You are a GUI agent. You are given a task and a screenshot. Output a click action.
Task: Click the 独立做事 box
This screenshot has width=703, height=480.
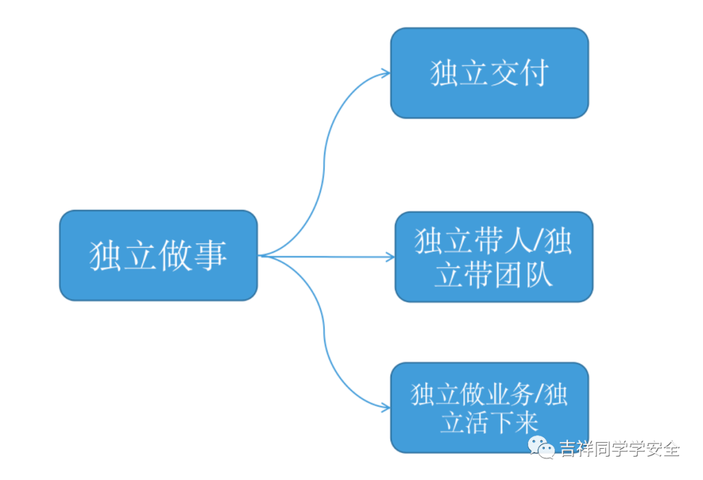tap(158, 256)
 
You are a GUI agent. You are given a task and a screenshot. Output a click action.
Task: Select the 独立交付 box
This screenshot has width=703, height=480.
tap(489, 73)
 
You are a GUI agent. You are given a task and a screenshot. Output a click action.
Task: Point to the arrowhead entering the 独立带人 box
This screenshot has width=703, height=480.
tap(389, 257)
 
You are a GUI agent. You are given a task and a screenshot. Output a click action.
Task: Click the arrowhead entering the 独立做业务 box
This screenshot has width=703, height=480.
tap(385, 408)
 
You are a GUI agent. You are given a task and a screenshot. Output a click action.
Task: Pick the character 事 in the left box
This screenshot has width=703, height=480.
tap(210, 256)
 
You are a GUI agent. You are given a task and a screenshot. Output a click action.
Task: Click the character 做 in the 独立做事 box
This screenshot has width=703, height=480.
tap(176, 256)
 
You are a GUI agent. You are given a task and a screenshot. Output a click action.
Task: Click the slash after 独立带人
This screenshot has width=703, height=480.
tap(535, 242)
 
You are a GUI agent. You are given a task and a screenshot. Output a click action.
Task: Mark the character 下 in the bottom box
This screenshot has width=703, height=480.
tap(499, 423)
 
